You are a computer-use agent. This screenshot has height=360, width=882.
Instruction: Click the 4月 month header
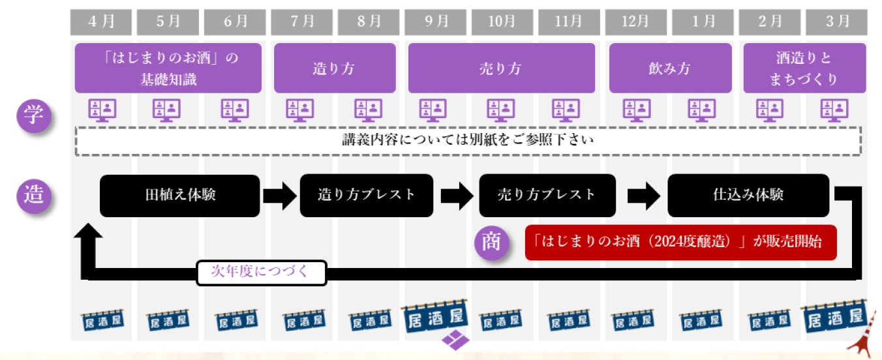pos(101,22)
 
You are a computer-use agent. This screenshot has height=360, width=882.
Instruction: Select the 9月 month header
pos(435,22)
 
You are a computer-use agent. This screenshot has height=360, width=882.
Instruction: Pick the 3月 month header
pos(836,22)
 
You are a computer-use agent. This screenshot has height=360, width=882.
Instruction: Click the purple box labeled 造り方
pos(335,68)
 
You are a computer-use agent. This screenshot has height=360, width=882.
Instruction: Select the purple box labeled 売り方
pos(501,68)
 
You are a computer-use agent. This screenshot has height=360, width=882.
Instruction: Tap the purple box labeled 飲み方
pos(670,68)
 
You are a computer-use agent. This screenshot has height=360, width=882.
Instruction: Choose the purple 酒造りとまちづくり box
pos(804,68)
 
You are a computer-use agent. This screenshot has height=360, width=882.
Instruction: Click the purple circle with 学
pos(34,116)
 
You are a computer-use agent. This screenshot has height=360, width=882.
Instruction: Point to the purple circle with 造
pos(34,195)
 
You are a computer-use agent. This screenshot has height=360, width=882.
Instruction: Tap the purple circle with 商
pos(491,242)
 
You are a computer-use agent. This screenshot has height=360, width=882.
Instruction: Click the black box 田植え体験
pos(180,195)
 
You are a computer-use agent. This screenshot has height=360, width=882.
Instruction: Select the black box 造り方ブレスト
pos(367,195)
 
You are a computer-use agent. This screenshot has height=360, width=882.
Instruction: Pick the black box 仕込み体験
pos(748,195)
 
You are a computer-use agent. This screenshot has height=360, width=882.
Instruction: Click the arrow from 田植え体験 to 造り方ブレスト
pos(279,195)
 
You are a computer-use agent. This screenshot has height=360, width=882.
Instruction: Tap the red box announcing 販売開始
pos(680,242)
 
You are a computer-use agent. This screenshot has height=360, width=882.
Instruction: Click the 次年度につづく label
pos(261,273)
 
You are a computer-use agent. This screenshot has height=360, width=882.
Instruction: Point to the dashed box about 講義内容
pos(468,140)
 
